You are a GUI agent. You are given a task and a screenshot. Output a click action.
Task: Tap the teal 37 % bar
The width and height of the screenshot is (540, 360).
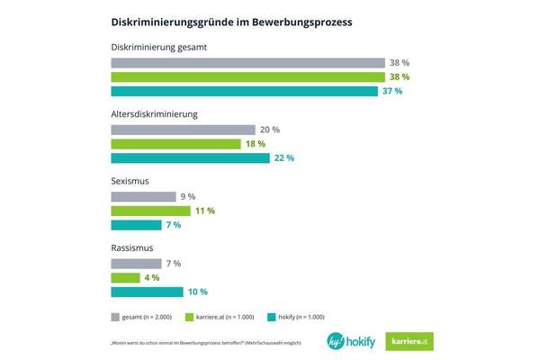coord(245,91)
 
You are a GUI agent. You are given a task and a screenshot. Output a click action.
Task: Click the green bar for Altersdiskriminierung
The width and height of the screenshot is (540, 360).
coord(175,144)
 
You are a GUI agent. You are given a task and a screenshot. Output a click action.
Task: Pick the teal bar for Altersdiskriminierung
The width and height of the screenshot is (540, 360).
coord(190,157)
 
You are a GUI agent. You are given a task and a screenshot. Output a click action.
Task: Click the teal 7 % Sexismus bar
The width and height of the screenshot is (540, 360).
coord(135,224)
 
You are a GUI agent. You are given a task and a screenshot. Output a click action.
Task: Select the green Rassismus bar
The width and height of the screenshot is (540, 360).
coord(125,277)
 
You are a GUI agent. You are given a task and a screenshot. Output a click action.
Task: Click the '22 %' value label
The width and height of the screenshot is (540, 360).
coord(284,157)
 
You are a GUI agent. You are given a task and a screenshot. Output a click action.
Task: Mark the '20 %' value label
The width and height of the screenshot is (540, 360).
coord(270,130)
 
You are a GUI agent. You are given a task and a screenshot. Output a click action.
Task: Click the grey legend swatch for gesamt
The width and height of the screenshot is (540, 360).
coord(116,317)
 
